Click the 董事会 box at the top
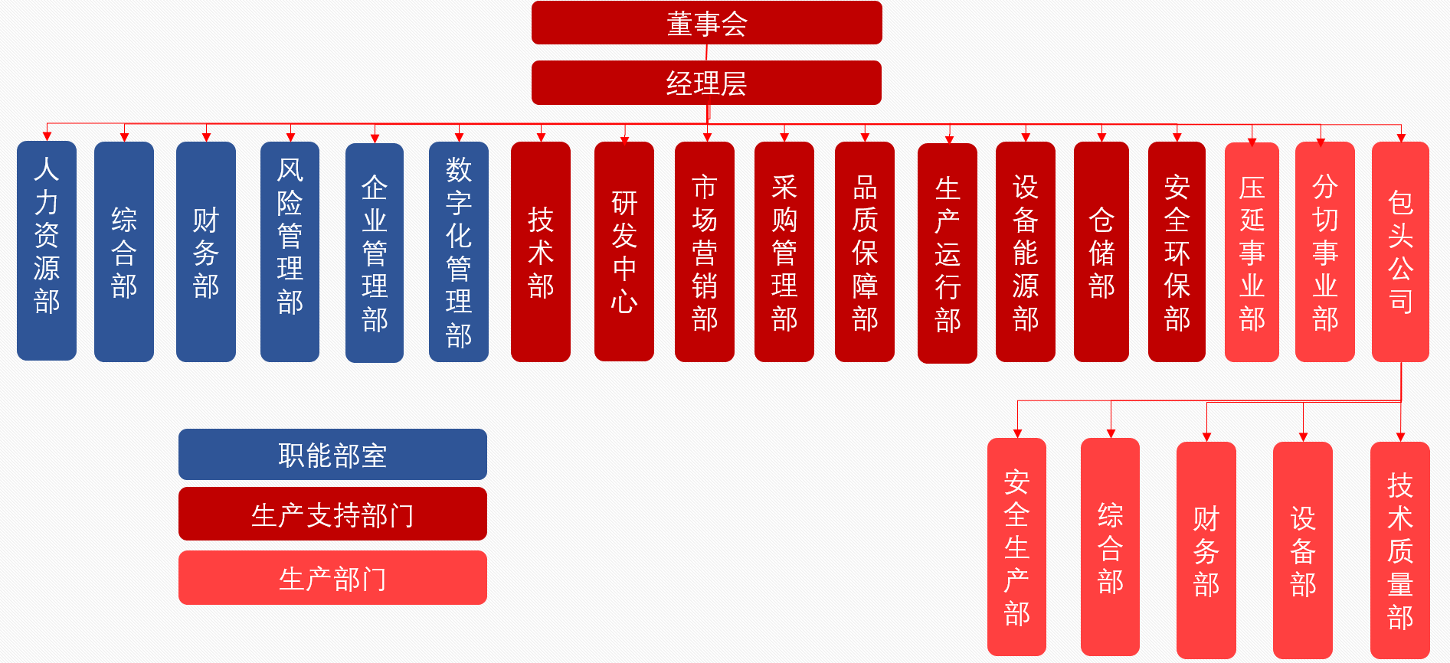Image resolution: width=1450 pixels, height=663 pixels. (706, 23)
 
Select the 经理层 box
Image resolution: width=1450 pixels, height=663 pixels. (706, 83)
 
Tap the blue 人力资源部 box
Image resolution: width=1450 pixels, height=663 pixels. (47, 250)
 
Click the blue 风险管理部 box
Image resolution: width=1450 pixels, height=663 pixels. (290, 251)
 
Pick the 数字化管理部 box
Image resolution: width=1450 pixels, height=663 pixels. (458, 251)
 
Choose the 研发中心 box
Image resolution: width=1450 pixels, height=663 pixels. (624, 251)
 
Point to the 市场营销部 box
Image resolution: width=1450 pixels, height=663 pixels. (704, 251)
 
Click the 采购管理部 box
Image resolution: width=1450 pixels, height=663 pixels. (784, 251)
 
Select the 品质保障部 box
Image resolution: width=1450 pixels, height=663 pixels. (864, 251)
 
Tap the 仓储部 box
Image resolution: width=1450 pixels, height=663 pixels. (1101, 251)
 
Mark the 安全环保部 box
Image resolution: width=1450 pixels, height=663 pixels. (1177, 251)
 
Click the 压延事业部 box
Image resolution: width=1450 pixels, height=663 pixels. (1252, 251)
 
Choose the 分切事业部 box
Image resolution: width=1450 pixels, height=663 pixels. (1324, 251)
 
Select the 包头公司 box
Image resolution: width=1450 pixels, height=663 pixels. (1400, 251)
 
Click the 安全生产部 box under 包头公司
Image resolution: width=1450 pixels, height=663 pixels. (1016, 547)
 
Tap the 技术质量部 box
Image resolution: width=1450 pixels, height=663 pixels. (1399, 550)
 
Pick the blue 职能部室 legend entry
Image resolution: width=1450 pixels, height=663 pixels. (332, 455)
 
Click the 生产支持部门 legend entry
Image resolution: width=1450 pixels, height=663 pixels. (332, 514)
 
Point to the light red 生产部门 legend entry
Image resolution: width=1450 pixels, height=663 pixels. (332, 578)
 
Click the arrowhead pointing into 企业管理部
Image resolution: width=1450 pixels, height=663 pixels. (375, 139)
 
